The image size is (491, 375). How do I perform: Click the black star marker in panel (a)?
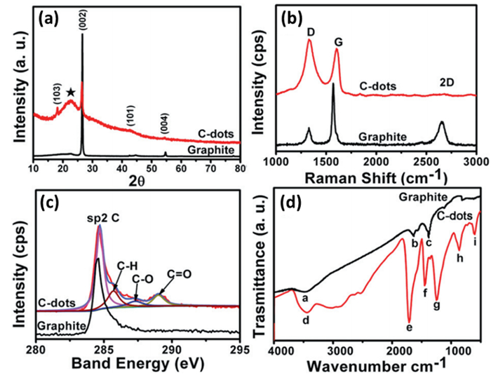pos(70,93)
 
